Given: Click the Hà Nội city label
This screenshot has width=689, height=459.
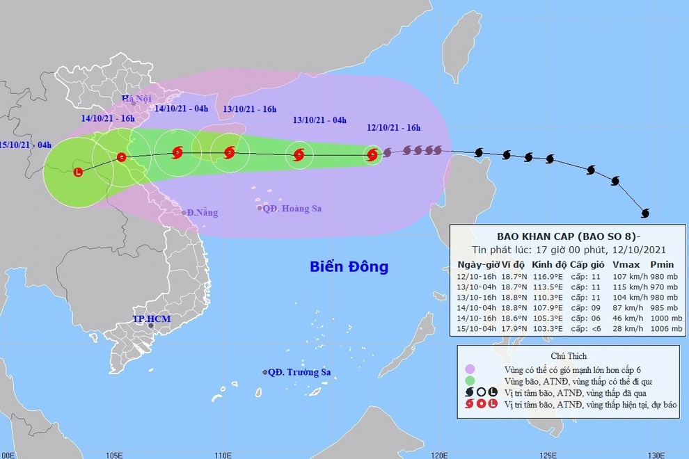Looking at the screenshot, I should pyautogui.click(x=136, y=99).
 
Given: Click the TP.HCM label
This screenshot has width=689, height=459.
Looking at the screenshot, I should pyautogui.click(x=152, y=319).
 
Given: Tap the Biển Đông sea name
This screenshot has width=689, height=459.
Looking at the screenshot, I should pyautogui.click(x=349, y=266).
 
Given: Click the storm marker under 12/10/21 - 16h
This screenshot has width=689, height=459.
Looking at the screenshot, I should pyautogui.click(x=372, y=154).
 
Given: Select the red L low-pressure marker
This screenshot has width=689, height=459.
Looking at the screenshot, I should pyautogui.click(x=77, y=171).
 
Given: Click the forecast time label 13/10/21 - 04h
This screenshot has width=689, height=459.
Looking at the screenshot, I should pyautogui.click(x=320, y=120).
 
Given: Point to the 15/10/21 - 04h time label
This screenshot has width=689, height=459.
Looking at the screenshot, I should pyautogui.click(x=26, y=144).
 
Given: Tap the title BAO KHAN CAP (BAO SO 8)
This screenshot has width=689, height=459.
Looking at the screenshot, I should pyautogui.click(x=564, y=235).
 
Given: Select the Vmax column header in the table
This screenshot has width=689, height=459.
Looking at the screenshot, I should pyautogui.click(x=625, y=264).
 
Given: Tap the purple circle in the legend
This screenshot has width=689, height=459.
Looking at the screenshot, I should pyautogui.click(x=470, y=369).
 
